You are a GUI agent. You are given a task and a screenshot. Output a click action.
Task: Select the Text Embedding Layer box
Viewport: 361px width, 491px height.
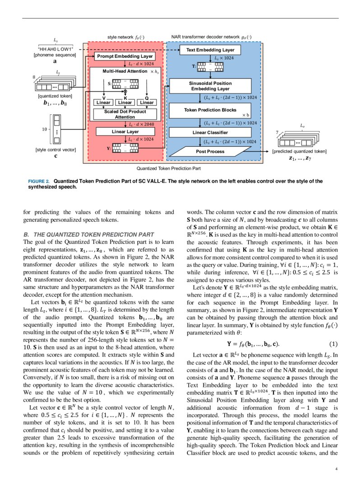[x=210, y=50]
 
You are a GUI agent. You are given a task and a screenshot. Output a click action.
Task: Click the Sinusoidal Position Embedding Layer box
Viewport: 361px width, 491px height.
[x=210, y=86]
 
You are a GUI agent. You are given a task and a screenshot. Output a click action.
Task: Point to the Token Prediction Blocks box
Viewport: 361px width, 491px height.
[x=210, y=110]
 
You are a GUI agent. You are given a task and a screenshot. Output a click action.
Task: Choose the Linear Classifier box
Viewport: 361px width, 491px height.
[x=210, y=132]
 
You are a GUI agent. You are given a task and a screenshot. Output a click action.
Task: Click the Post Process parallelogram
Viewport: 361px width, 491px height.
[x=210, y=151]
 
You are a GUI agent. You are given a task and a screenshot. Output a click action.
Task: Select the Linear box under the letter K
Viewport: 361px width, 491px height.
[x=125, y=103]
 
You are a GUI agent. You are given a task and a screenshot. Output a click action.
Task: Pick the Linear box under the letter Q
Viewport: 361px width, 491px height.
[x=147, y=103]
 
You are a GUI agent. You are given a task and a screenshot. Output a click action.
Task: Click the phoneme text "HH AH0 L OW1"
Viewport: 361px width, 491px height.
[x=56, y=49]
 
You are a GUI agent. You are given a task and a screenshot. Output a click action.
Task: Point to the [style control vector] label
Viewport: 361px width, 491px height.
[x=56, y=150]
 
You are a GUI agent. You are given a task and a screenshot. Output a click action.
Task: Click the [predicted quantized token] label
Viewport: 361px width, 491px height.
[x=299, y=151]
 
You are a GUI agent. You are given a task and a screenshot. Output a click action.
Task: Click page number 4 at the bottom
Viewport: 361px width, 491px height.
[x=336, y=468]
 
